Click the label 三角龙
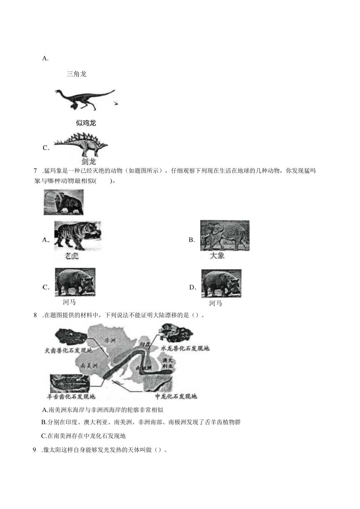coord(76,74)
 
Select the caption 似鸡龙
coord(86,123)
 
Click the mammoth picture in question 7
coord(63,202)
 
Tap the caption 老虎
coord(71,256)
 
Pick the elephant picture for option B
coord(225,236)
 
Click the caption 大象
coord(217,256)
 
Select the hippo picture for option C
coord(75,281)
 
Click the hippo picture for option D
coord(221,283)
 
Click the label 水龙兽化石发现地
coord(185,348)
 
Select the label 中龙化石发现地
coord(176,397)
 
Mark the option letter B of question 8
coord(44,422)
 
